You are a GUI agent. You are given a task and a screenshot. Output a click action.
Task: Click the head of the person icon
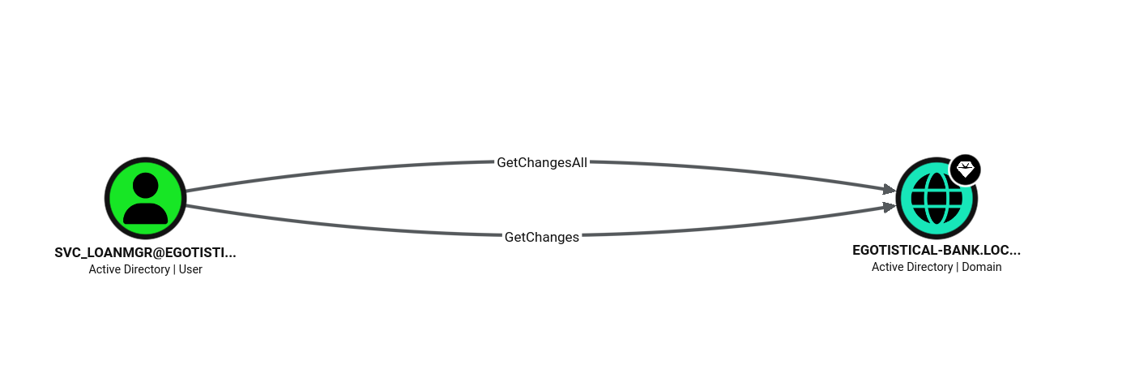[146, 185]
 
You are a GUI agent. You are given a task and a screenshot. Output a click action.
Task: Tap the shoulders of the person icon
[146, 213]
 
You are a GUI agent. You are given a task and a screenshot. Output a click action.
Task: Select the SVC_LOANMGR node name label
[146, 252]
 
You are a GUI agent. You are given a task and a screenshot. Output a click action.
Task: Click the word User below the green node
[190, 269]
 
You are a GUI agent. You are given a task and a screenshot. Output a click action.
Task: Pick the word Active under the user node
[105, 269]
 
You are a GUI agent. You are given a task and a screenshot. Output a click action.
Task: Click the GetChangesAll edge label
[542, 163]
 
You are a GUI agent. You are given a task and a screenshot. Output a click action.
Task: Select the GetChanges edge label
[542, 238]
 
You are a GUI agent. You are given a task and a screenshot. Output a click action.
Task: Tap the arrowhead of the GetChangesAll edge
[890, 190]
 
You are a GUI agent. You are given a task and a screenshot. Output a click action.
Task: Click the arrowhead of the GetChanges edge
[890, 207]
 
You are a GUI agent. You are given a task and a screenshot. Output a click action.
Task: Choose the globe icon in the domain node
[937, 198]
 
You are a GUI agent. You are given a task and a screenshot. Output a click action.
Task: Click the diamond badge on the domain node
[965, 170]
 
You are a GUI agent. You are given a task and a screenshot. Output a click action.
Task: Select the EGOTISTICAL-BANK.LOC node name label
[937, 251]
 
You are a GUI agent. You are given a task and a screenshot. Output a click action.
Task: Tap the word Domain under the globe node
[981, 267]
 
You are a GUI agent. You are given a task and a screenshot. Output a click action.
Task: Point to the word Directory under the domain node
[930, 267]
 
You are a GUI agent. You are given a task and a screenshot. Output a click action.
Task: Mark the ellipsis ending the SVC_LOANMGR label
[230, 256]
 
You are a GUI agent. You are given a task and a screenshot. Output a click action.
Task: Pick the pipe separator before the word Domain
[958, 267]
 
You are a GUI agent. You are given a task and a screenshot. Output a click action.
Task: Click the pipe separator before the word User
[174, 269]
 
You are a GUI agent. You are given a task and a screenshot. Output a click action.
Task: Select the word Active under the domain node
[887, 267]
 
